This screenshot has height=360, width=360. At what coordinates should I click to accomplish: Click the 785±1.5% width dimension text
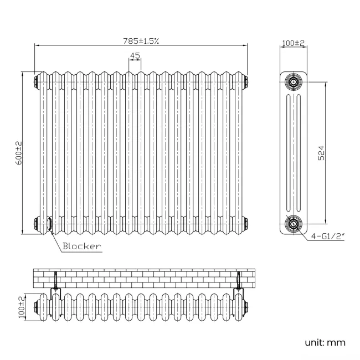[x=141, y=40]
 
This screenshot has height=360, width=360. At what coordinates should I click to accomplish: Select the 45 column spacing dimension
[x=134, y=55]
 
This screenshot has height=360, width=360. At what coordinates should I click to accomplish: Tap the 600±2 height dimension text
[x=18, y=152]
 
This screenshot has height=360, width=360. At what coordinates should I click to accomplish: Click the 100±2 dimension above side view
[x=293, y=43]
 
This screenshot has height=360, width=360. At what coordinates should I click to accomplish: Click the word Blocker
[x=81, y=246]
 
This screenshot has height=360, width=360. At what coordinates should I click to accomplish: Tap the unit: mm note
[x=325, y=342]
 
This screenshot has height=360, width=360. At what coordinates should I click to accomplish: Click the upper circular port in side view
[x=292, y=83]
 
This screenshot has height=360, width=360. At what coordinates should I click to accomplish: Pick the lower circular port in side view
[x=292, y=224]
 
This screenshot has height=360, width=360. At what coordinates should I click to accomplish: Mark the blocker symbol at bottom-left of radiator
[x=50, y=224]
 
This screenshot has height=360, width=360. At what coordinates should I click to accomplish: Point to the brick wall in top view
[x=144, y=278]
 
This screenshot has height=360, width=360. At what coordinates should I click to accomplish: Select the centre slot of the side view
[x=292, y=153]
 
